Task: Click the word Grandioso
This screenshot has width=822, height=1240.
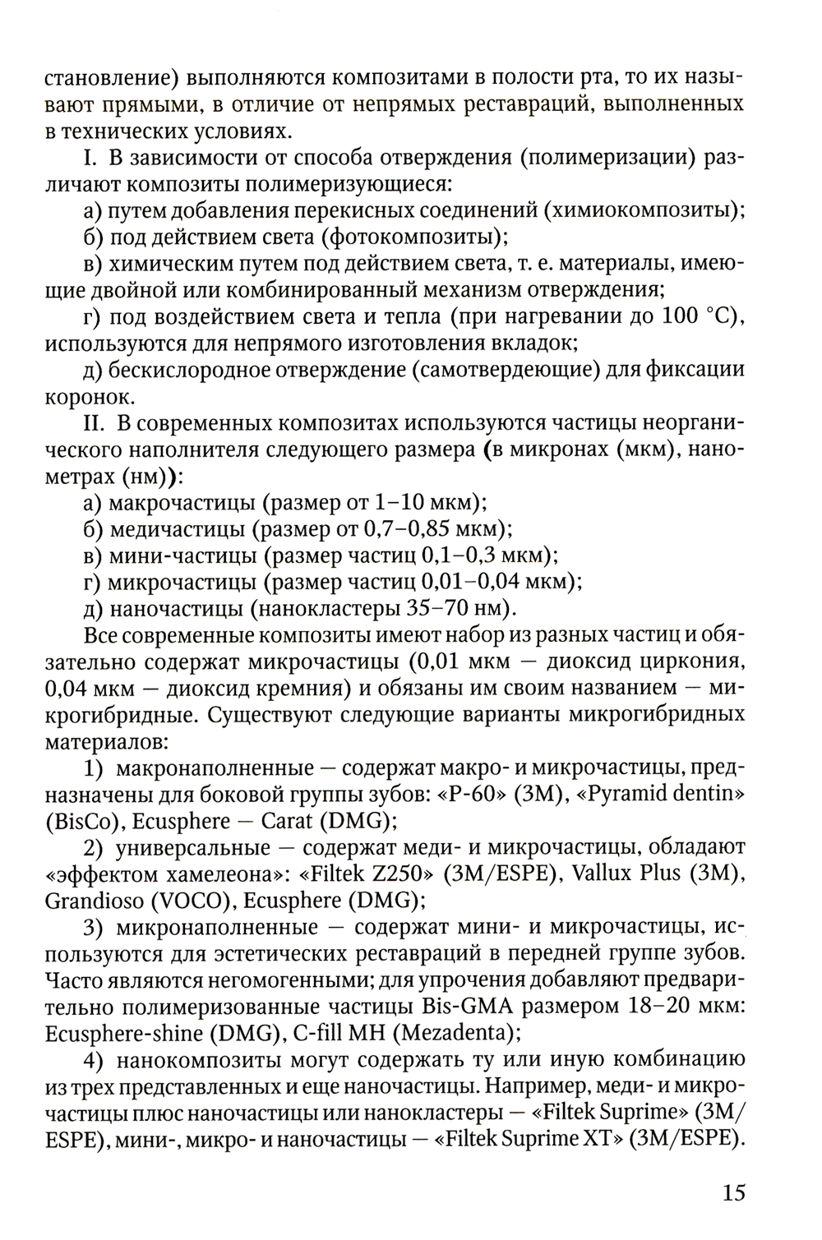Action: point(91,901)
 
